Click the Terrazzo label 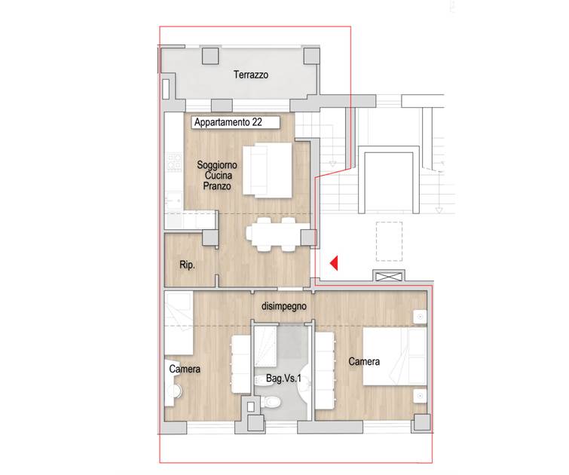coord(251,75)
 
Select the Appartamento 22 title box coord(236,122)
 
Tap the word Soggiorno coord(217,165)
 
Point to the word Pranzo coord(217,186)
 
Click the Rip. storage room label coord(187,265)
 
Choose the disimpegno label coord(284,306)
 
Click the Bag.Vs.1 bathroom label coord(284,378)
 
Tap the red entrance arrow coord(334,263)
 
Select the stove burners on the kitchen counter coord(174,162)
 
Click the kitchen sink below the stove coord(174,199)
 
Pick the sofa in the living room coord(268,170)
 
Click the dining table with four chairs coord(274,234)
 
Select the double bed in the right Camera coord(395,356)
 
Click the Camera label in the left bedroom coord(185,369)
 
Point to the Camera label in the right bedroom coord(364,361)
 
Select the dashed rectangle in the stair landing coord(389,241)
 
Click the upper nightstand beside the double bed coord(421,317)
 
